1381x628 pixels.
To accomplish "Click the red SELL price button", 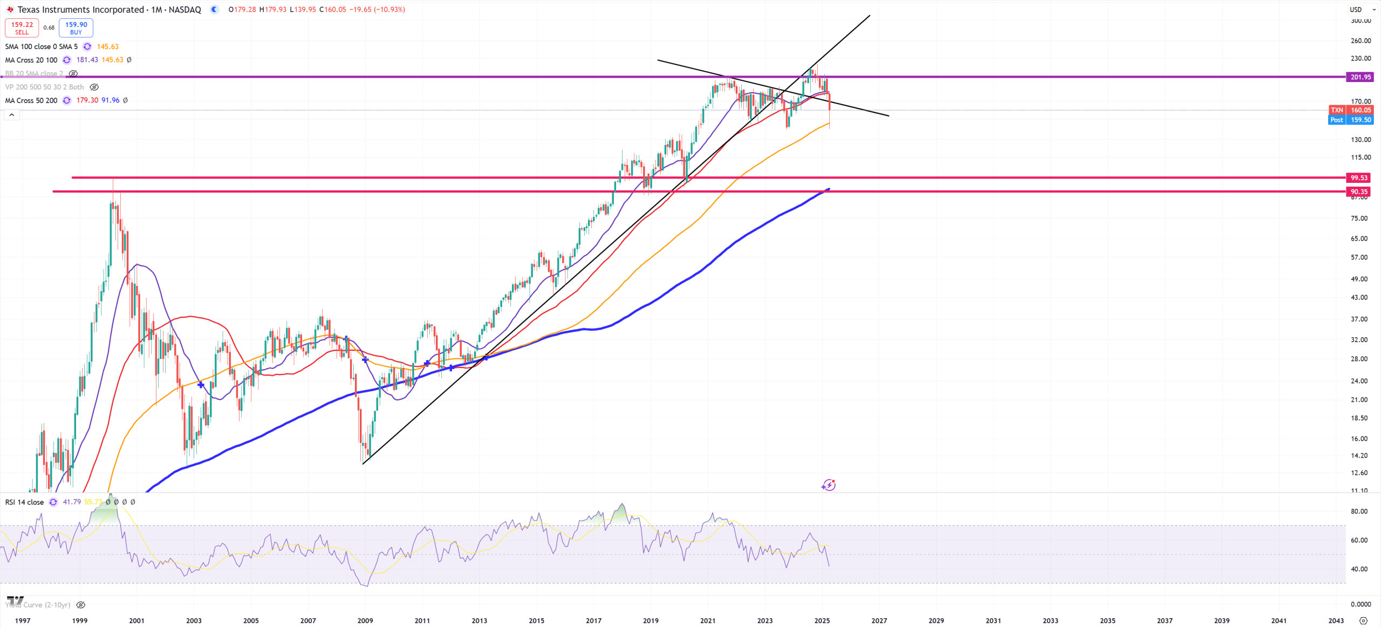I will (x=22, y=28).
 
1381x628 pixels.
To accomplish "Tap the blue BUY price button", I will (x=76, y=28).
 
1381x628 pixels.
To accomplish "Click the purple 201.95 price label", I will (x=1360, y=77).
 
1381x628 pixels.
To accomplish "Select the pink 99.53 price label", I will (x=1359, y=178).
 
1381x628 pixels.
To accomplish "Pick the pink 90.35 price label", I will (x=1359, y=192).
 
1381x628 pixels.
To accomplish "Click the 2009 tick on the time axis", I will (x=365, y=620).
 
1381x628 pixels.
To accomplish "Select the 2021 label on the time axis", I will (x=708, y=620).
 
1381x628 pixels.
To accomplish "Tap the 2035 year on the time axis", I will (x=1107, y=620).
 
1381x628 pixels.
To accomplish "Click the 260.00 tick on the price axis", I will (x=1361, y=40).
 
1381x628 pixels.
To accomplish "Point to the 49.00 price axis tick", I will (x=1359, y=279).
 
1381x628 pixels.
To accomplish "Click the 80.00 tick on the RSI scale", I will (x=1359, y=511).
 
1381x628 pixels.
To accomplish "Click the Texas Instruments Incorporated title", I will (x=81, y=10).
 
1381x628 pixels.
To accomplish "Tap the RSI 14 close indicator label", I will (x=25, y=502).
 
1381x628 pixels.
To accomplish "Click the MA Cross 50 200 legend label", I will (x=31, y=100).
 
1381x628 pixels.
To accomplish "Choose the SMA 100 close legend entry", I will (x=42, y=47).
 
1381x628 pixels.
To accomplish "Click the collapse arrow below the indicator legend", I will (x=11, y=115).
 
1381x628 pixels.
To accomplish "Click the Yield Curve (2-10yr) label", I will (x=38, y=605).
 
